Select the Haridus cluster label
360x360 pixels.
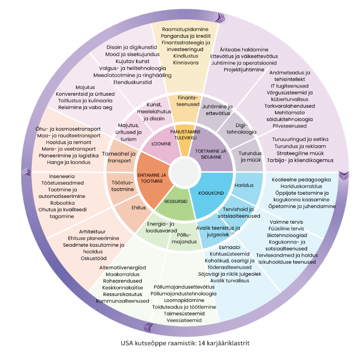(244, 186)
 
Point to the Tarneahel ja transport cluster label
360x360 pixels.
(119, 157)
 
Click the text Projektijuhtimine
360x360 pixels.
(244, 70)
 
